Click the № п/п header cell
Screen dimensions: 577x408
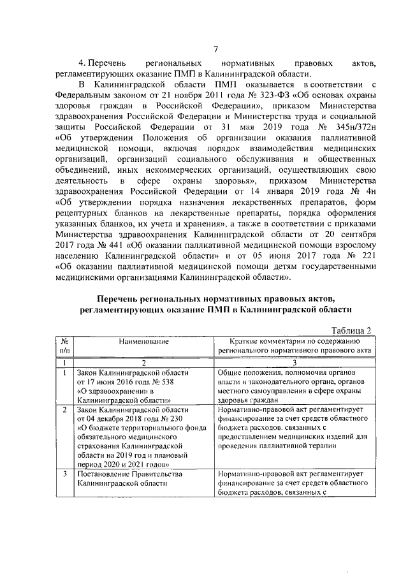65,346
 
